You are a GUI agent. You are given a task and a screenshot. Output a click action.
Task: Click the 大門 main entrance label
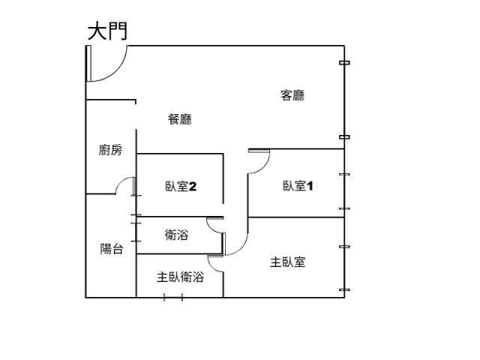point(107,31)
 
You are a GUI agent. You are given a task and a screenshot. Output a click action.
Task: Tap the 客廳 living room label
point(292,95)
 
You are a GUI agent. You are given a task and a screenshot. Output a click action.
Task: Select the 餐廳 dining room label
point(180,118)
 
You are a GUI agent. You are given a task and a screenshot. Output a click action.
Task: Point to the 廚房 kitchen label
point(110,150)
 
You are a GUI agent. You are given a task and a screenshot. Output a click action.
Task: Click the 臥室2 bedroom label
point(181,186)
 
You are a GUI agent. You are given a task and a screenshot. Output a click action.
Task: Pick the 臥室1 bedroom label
point(298,186)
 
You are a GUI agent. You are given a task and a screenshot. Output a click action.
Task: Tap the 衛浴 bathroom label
point(176,235)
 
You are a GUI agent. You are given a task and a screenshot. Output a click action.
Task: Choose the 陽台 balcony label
point(112,249)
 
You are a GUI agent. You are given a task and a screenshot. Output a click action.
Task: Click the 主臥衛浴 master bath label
point(180,277)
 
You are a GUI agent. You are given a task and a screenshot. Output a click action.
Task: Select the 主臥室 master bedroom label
point(288,262)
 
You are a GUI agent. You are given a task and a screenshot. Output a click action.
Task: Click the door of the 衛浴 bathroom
point(216,224)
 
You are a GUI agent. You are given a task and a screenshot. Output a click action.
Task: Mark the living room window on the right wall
point(344,100)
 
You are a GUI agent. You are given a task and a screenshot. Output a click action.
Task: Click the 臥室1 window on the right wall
point(344,191)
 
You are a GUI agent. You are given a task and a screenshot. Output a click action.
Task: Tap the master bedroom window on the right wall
point(344,268)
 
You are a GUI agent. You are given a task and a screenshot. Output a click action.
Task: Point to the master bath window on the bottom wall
point(173,298)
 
